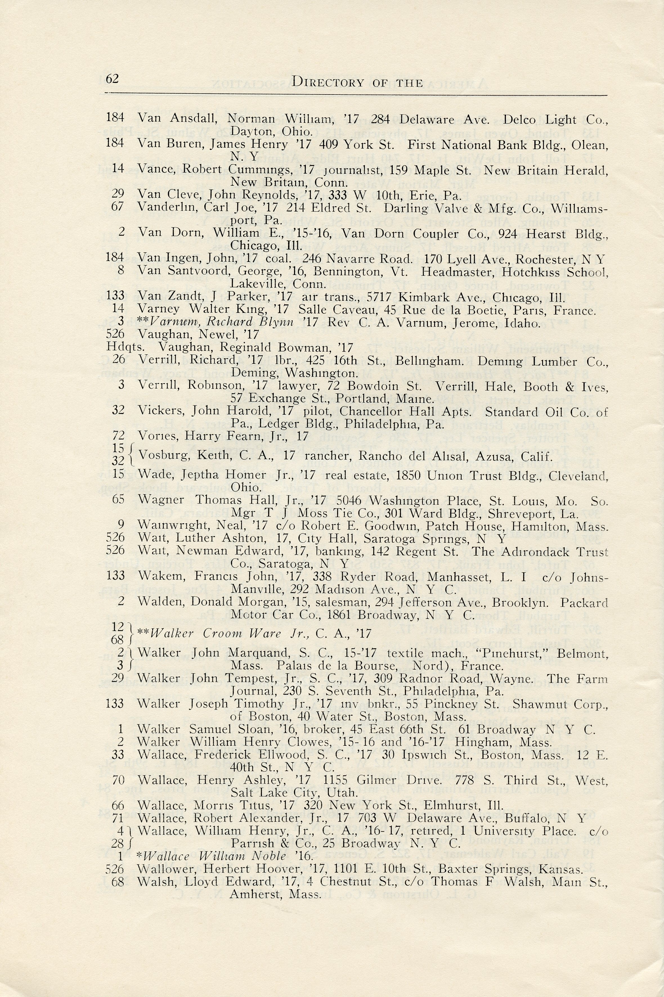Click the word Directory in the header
328,82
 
